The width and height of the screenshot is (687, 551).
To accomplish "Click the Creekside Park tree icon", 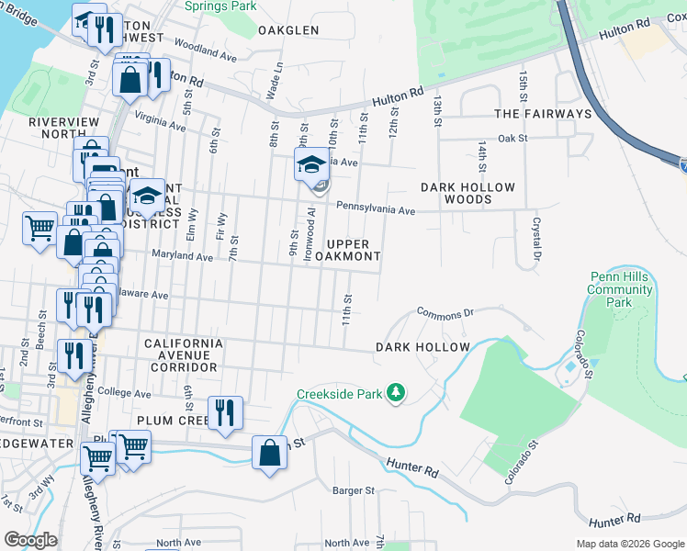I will (396, 393).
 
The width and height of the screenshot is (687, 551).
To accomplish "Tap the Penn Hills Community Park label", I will (620, 289).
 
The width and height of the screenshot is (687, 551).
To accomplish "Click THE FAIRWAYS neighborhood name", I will (543, 114).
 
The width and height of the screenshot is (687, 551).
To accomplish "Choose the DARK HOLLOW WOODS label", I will (467, 193).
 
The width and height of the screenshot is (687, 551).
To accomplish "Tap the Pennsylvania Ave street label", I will (376, 209).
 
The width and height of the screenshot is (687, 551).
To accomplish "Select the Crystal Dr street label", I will (535, 237).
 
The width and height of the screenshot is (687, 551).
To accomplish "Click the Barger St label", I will (354, 490).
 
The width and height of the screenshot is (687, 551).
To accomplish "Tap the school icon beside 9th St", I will (311, 166).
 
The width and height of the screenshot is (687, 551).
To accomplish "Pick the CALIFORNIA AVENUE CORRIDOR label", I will (184, 354).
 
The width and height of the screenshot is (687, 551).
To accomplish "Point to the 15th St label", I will (523, 84).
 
